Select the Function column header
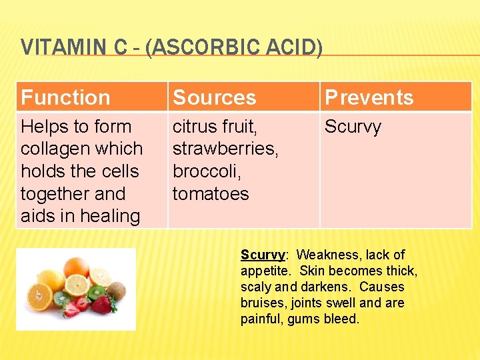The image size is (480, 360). pyautogui.click(x=65, y=98)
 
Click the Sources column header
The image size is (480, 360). pyautogui.click(x=214, y=98)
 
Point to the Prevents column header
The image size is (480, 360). pyautogui.click(x=369, y=98)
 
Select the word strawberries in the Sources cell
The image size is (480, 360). pyautogui.click(x=225, y=149)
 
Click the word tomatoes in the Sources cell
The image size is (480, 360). pyautogui.click(x=210, y=194)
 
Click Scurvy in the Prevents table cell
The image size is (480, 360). pyautogui.click(x=353, y=127)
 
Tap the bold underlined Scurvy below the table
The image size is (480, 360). pyautogui.click(x=263, y=255)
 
